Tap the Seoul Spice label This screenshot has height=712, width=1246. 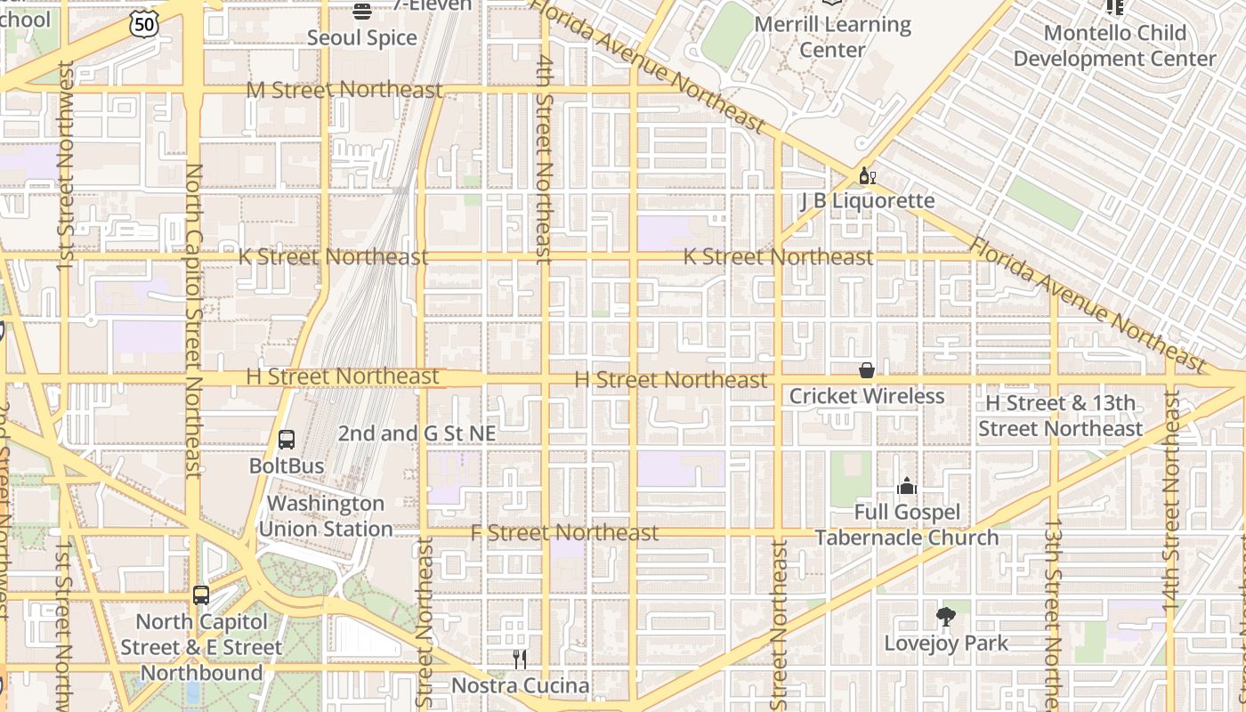tap(361, 37)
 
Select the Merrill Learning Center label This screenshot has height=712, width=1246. tap(832, 36)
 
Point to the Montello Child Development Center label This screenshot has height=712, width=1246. tap(1114, 45)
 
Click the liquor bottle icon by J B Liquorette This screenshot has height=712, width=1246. tap(867, 175)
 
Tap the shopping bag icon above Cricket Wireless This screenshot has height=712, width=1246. tap(866, 370)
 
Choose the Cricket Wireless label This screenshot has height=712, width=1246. tap(866, 395)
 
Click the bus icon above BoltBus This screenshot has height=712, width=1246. tap(287, 440)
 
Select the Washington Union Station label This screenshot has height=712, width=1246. tap(325, 516)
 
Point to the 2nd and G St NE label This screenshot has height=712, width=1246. tap(417, 433)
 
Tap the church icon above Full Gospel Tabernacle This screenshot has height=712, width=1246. tap(907, 486)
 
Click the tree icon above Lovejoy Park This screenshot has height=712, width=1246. tap(946, 617)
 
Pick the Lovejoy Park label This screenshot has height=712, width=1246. tap(946, 643)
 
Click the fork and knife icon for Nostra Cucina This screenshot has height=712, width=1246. tap(520, 659)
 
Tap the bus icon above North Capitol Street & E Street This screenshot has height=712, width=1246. tap(201, 595)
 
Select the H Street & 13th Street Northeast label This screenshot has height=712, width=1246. tap(1060, 416)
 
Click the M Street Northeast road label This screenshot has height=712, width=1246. tap(344, 90)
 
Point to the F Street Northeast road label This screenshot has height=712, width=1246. tap(564, 532)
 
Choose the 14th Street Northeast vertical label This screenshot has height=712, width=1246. tap(1170, 498)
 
